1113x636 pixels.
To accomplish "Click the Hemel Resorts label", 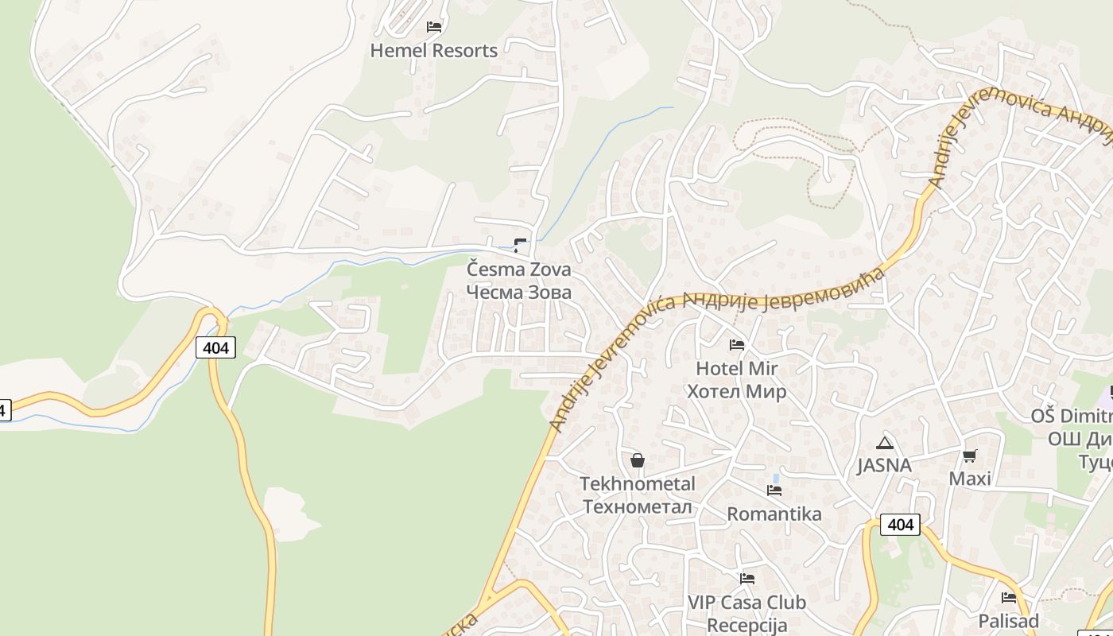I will point(433,51).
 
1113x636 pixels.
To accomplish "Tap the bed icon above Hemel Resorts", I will point(433,26).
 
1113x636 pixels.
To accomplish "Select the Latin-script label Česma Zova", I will point(518,270).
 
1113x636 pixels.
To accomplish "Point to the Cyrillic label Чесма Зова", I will point(518,292).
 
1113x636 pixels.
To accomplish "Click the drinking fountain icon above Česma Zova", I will point(520,246).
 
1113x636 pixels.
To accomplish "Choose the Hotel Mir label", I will point(736,369).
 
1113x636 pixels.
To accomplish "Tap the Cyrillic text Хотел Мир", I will point(736,391).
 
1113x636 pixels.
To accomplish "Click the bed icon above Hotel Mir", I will point(737,344).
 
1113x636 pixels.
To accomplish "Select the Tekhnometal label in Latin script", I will point(637,484).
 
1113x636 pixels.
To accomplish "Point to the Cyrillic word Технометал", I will point(637,506).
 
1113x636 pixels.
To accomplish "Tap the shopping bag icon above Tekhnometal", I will point(637,460).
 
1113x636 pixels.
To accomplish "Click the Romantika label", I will point(774,514).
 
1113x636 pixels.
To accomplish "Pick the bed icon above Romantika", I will point(774,491).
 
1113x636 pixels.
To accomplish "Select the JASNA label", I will point(883,466).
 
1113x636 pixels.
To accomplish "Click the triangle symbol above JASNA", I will point(883,443).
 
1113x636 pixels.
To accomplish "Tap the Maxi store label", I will point(970,479).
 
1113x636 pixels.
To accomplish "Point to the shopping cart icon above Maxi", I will point(969,456).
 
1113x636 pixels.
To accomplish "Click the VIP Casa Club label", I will point(747,603).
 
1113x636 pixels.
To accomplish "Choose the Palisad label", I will point(1008,621).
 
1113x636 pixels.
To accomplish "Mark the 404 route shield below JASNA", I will point(900,525).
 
